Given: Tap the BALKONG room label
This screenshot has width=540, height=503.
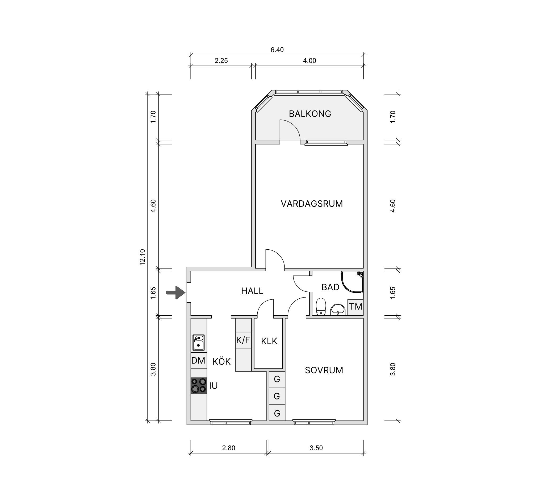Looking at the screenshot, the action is (x=310, y=114).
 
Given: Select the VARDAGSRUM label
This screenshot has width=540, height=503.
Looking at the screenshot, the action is (x=312, y=204).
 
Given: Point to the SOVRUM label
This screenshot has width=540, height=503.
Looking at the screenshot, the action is (x=324, y=370).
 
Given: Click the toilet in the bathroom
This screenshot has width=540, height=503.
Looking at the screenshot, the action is (x=321, y=307).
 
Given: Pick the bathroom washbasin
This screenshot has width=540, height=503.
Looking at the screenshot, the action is (x=338, y=310).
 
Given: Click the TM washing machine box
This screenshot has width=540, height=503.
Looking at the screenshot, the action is (x=355, y=307).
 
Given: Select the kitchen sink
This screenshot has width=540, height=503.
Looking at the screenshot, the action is (x=199, y=343).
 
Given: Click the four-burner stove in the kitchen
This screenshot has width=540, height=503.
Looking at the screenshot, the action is (x=199, y=386).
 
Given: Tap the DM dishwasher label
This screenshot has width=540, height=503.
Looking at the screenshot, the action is (x=198, y=361).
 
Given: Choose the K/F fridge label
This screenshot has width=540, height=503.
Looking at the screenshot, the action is (x=243, y=340).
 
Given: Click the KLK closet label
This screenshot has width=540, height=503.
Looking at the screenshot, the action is (x=269, y=341).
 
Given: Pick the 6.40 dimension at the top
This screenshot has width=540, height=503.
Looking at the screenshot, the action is (x=277, y=50).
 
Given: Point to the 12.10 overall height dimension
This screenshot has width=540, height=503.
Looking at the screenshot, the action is (x=142, y=257).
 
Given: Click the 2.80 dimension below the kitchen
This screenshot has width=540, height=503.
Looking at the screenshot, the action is (x=228, y=448).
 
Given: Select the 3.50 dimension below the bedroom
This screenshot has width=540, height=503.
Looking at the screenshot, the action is (x=316, y=448).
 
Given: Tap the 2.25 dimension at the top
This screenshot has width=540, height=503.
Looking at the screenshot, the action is (x=221, y=61).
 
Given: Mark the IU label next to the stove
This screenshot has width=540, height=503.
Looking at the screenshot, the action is (x=214, y=386).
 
